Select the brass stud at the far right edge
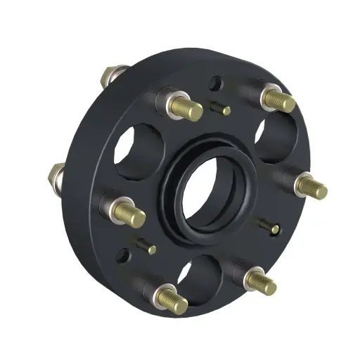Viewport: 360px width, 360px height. click(x=311, y=187)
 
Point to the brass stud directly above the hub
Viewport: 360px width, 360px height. click(x=187, y=108)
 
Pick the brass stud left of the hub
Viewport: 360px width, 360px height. click(x=130, y=215)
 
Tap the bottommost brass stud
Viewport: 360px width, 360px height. click(x=172, y=300)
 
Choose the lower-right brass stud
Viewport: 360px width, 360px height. click(x=262, y=283)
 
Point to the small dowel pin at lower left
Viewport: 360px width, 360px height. click(x=146, y=247)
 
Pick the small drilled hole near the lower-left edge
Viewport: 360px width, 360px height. click(x=125, y=255)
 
